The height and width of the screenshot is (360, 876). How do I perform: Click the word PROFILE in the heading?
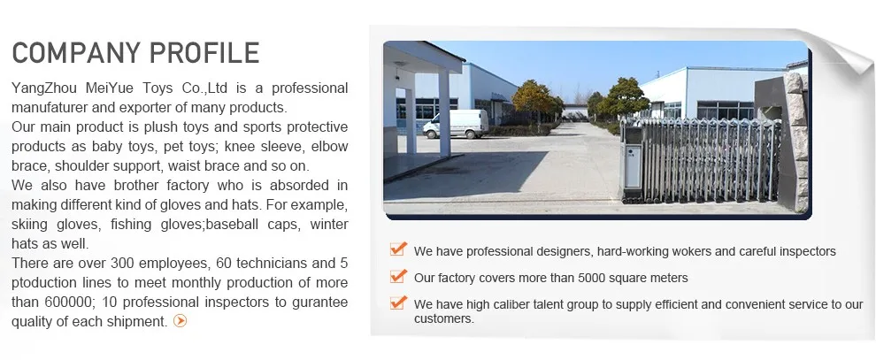(205, 53)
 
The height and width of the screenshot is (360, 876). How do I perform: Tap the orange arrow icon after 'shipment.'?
(180, 321)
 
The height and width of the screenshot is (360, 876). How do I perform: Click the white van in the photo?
(456, 123)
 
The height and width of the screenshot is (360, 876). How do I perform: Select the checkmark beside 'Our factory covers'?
(398, 276)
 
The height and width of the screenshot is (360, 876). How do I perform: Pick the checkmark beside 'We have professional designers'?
(398, 249)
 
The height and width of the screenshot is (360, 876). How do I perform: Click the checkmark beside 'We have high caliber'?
(398, 303)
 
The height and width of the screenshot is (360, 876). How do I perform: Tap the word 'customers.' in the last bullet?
(444, 318)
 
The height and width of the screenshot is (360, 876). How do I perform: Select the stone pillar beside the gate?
(796, 142)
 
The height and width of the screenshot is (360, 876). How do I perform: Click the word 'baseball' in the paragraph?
(232, 225)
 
